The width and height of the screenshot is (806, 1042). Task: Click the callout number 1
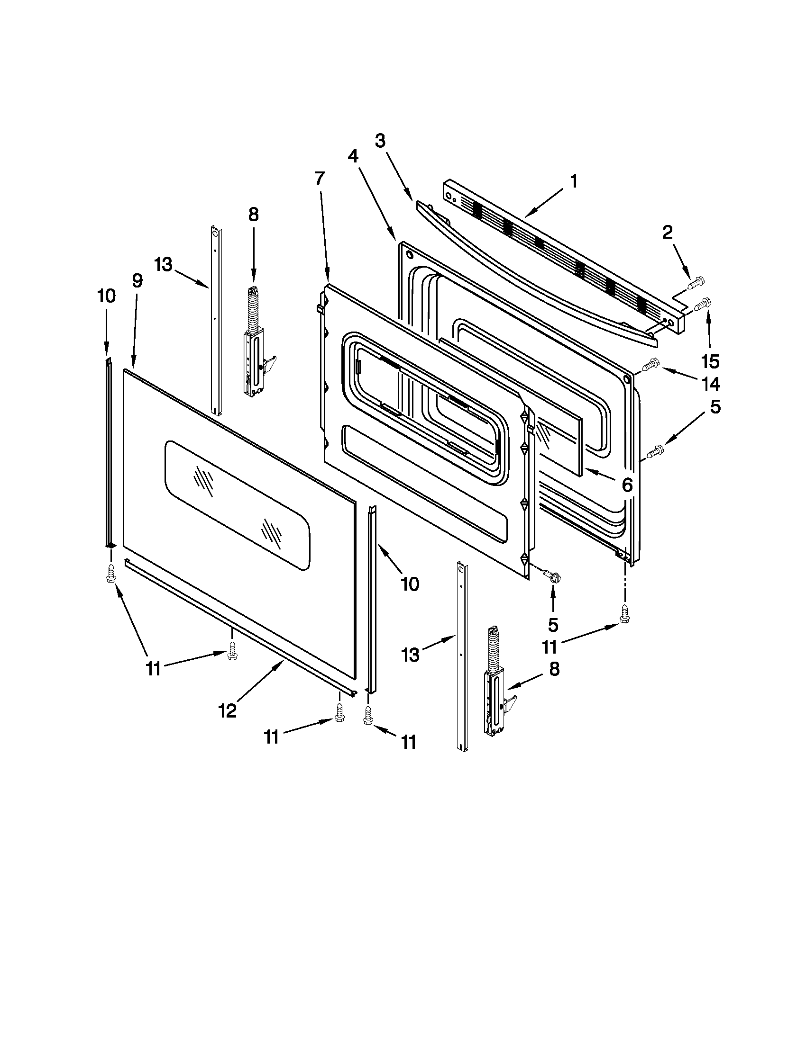click(574, 181)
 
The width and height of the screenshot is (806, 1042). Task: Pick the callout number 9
click(137, 281)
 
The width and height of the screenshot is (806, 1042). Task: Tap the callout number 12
click(227, 711)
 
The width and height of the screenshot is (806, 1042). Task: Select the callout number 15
click(710, 362)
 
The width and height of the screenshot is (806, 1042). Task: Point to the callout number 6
click(627, 485)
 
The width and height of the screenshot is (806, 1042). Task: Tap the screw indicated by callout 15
click(703, 304)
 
